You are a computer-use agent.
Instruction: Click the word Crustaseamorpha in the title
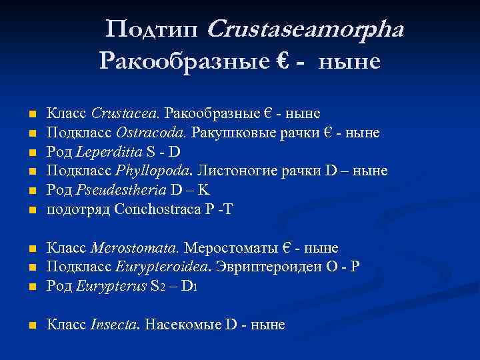click(306, 30)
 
